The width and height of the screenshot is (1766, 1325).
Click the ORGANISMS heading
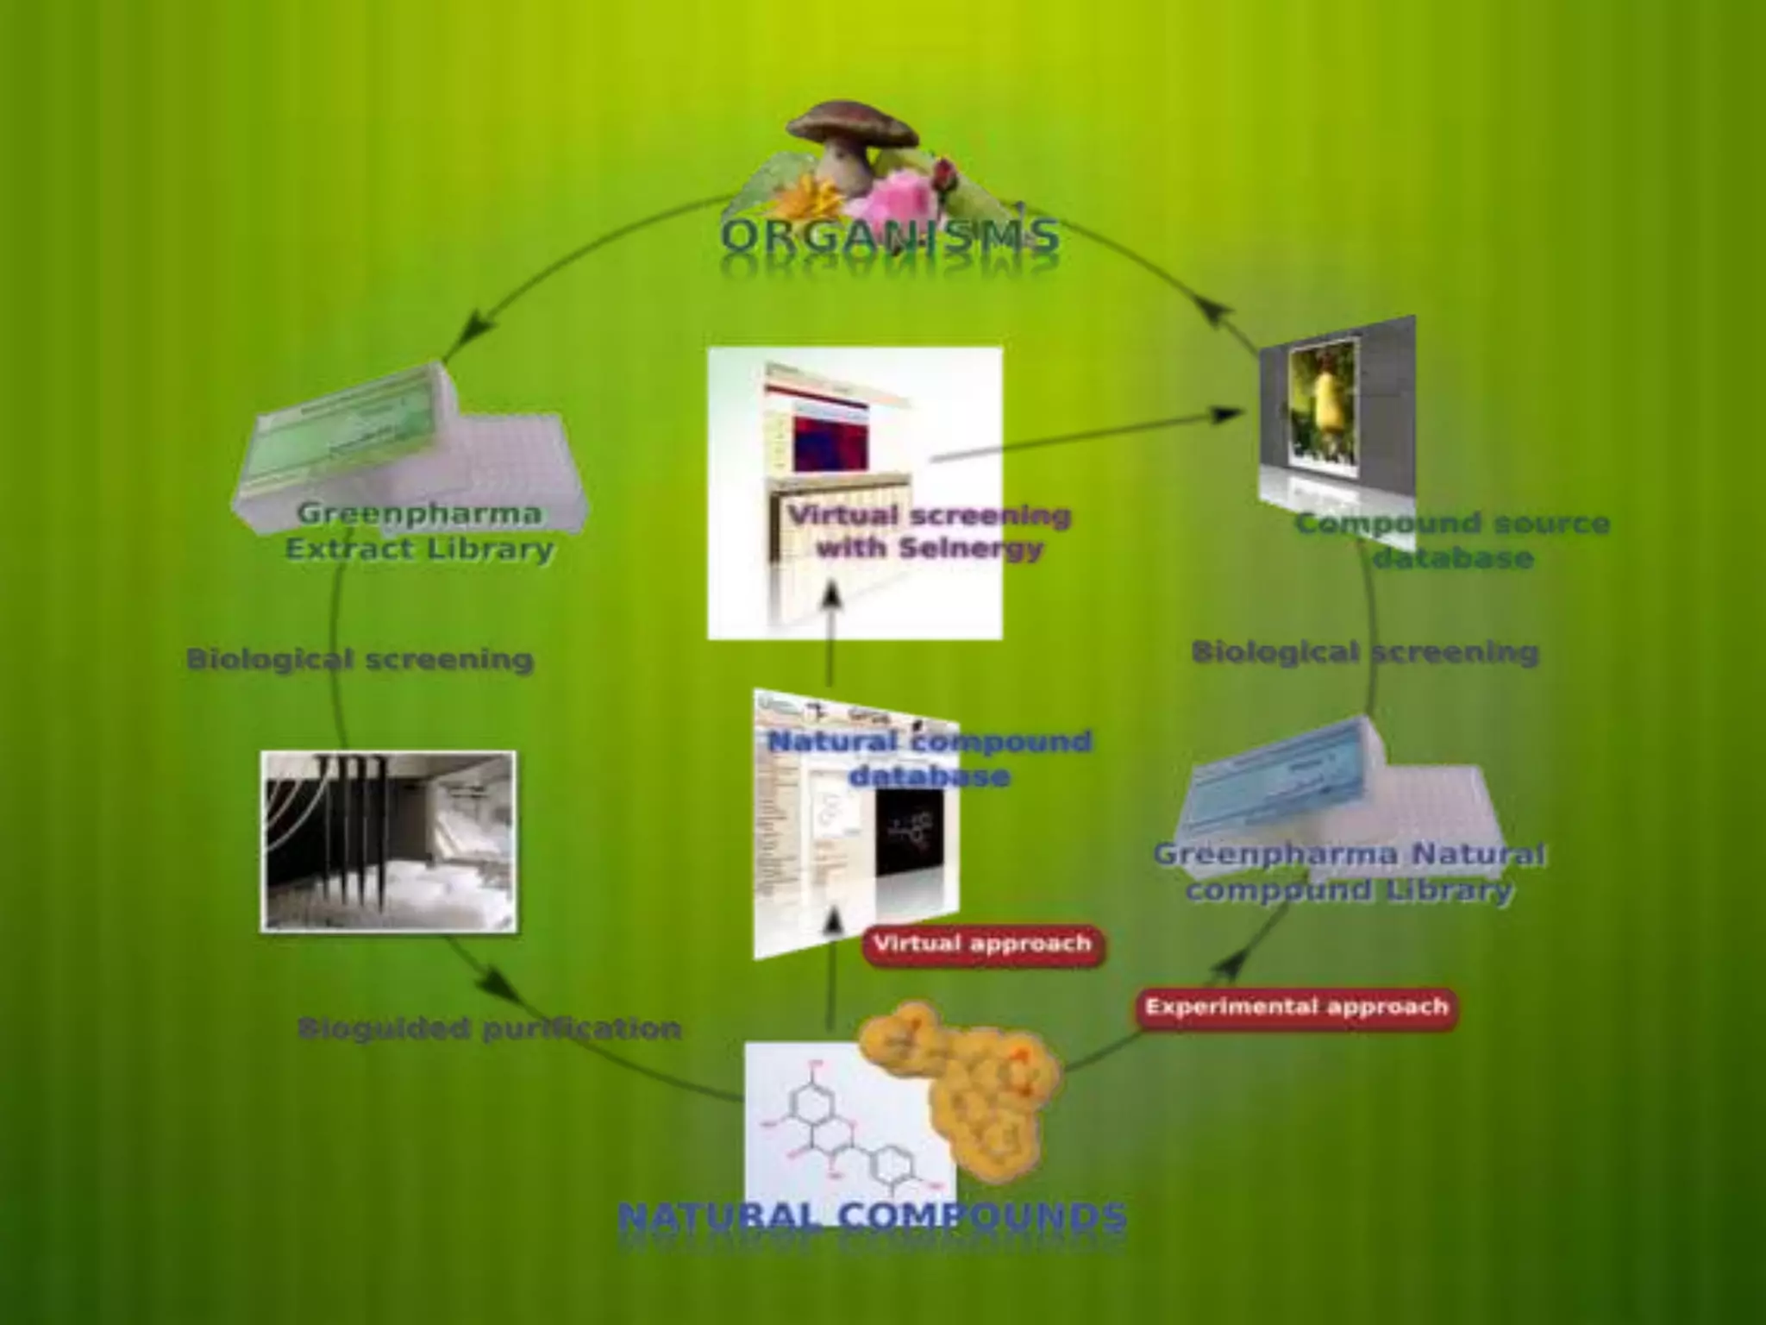889,235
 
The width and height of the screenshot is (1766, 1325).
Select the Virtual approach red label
982,944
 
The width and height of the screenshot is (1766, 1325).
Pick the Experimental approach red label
1296,1007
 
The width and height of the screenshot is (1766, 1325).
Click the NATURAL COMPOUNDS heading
872,1216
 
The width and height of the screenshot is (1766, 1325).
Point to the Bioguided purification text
489,1028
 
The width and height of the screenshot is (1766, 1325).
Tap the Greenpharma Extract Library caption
420,531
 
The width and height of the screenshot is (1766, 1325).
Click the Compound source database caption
1453,540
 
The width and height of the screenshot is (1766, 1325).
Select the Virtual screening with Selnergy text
930,531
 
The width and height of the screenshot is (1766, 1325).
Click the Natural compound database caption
929,758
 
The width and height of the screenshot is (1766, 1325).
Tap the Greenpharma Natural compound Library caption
1350,872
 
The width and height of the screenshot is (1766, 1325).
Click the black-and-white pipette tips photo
389,841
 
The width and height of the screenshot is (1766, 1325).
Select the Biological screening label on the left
360,660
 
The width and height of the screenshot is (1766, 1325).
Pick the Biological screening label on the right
1365,652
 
